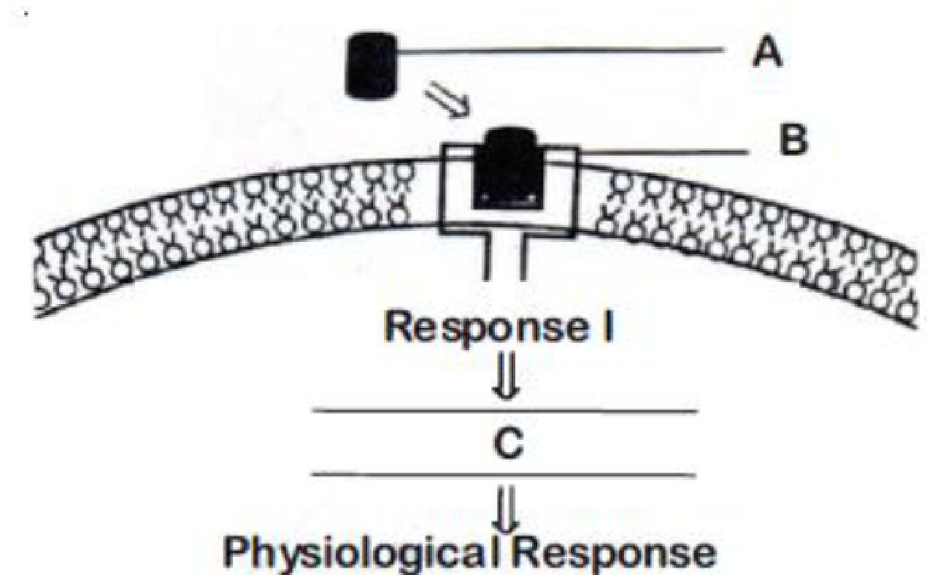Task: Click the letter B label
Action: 793,140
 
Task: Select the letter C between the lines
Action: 509,443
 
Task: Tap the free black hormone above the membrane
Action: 372,66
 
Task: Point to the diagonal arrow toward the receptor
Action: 447,99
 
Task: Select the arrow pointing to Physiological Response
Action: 509,509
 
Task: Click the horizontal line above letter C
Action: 505,411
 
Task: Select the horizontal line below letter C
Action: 504,474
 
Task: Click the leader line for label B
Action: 665,153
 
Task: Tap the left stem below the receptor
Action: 487,257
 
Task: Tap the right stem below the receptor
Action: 523,257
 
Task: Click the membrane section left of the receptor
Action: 232,232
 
